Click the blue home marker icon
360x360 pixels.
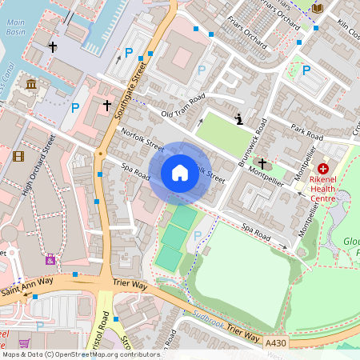click(x=180, y=173)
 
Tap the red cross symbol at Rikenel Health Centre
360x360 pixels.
click(x=323, y=169)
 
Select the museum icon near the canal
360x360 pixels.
click(x=31, y=84)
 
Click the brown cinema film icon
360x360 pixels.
click(x=18, y=155)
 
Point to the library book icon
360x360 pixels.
click(x=318, y=8)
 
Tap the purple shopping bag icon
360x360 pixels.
click(x=50, y=259)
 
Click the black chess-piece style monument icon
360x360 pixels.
click(x=238, y=119)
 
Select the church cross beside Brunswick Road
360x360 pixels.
click(x=262, y=162)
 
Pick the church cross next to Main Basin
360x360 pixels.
click(x=53, y=47)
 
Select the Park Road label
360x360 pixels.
click(x=306, y=133)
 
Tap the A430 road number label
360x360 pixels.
click(x=275, y=342)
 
